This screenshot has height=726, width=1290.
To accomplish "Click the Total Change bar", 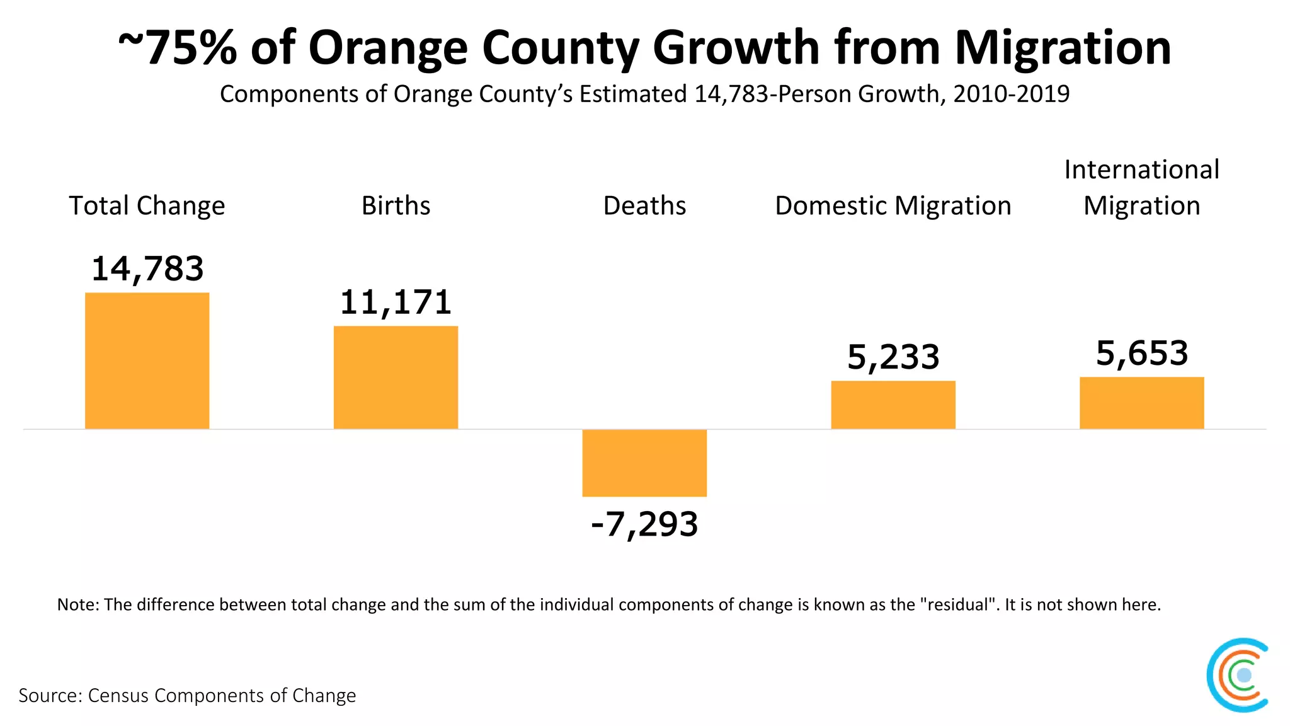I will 147,360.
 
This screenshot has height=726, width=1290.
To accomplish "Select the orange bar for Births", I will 396,377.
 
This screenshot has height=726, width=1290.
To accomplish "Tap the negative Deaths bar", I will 644,463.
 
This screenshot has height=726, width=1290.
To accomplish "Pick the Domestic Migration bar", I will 893,405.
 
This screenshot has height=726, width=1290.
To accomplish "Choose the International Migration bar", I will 1141,403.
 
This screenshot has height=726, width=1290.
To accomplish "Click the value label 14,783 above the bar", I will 147,269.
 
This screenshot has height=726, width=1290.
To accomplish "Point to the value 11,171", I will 396,302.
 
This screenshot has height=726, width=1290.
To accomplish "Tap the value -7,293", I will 644,524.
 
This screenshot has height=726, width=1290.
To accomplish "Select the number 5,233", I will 893,357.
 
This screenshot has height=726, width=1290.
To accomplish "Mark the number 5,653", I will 1141,354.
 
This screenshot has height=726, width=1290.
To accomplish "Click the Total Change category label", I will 147,206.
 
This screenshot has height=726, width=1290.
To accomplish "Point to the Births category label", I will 396,206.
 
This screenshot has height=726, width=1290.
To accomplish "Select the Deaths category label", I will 644,206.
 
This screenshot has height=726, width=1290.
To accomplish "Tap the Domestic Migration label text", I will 893,206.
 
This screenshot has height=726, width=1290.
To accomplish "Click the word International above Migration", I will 1141,170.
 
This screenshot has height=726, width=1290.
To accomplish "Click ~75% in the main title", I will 178,48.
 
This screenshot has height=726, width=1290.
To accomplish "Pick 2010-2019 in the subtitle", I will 1011,95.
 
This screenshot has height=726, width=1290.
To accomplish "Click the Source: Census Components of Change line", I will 187,696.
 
